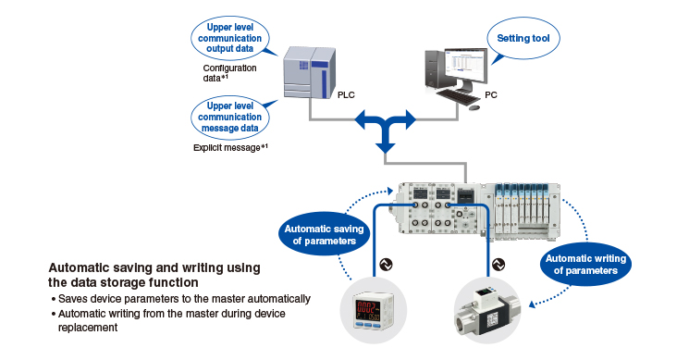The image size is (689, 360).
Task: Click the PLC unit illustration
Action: (309, 72)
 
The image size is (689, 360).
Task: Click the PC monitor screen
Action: (466, 67)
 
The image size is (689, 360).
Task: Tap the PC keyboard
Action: (459, 96)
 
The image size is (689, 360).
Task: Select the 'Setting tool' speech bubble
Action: (523, 39)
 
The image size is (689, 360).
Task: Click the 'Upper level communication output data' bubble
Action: (229, 38)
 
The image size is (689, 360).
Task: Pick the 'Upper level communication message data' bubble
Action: (229, 117)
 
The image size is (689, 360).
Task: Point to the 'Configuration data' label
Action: (229, 73)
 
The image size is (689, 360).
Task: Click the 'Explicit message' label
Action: (230, 148)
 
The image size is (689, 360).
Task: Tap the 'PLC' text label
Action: (346, 95)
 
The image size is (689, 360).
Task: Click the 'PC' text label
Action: (491, 95)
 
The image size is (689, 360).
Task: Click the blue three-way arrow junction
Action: (386, 128)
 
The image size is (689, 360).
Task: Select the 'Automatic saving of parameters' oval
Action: (325, 234)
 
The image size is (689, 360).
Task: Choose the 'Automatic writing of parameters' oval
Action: (585, 264)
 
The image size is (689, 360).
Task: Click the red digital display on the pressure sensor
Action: (367, 306)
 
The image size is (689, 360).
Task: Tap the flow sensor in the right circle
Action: (486, 311)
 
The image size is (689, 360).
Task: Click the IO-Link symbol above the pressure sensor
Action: (386, 265)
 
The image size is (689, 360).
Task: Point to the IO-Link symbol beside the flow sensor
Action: (498, 265)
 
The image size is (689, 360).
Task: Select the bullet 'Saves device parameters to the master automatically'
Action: (180, 299)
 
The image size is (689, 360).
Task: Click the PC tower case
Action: (435, 69)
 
